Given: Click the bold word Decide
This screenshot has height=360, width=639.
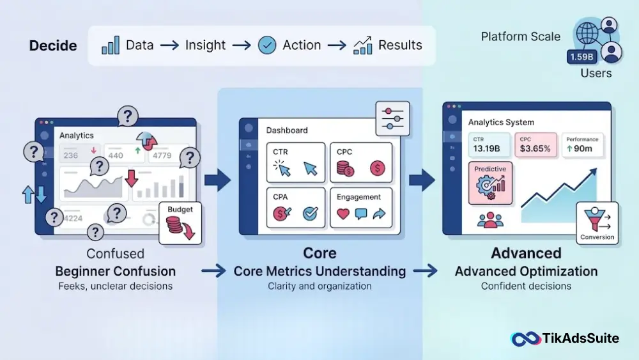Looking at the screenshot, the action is pos(53,45).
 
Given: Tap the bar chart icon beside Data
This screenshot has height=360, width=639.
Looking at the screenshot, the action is pos(111,45).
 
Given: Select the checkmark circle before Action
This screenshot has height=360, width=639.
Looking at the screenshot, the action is pos(267,45).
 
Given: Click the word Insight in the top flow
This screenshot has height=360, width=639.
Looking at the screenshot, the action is pos(205,45).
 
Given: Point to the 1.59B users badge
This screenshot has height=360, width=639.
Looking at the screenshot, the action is pos(581,57).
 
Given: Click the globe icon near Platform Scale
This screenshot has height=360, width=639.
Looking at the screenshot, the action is pos(587,33).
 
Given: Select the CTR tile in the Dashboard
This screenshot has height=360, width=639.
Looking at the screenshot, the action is pos(296,162).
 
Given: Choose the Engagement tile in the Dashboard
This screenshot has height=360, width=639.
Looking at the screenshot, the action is pos(361,208).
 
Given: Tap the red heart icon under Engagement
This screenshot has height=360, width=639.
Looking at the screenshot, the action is pos(343,214).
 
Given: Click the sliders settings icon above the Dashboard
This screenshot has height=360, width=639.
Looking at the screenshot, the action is pos(393,119).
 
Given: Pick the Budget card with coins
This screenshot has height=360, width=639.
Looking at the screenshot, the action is pos(180,223).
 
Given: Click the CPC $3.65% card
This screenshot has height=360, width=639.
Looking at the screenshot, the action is pos(535,145).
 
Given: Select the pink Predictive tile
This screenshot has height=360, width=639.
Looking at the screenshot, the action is pos(490,183).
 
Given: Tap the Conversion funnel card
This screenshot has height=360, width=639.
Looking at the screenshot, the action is pos(597,223).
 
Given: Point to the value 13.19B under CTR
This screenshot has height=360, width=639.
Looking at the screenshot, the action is pos(486,148).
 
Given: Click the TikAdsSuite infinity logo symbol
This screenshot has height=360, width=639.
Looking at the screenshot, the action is pos(525,338).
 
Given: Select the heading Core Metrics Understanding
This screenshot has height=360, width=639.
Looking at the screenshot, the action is pos(319,271).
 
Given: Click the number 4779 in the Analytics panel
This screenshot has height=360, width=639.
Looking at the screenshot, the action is pos(162,155).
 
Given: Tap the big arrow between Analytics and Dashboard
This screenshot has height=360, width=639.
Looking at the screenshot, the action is pos(218,180).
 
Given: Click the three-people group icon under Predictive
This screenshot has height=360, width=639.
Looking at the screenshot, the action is pos(490,220).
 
